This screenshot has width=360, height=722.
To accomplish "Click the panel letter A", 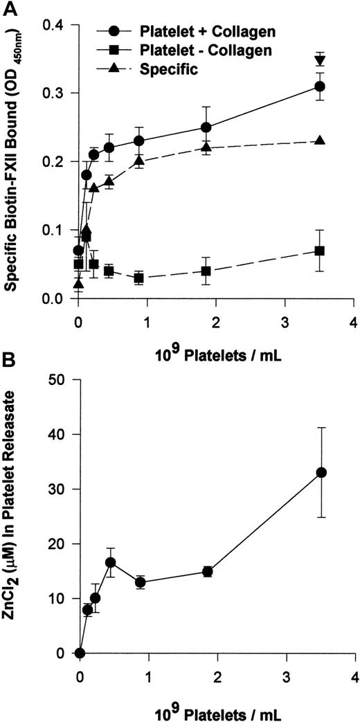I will pyautogui.click(x=8, y=8).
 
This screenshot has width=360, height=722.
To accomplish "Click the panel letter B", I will pyautogui.click(x=8, y=364).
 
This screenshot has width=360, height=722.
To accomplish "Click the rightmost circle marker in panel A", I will pyautogui.click(x=320, y=87).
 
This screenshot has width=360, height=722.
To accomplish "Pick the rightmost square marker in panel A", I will pyautogui.click(x=320, y=251).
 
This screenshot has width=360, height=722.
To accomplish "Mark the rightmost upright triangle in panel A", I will pyautogui.click(x=320, y=141).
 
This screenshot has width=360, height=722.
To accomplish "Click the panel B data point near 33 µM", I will pyautogui.click(x=320, y=472).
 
